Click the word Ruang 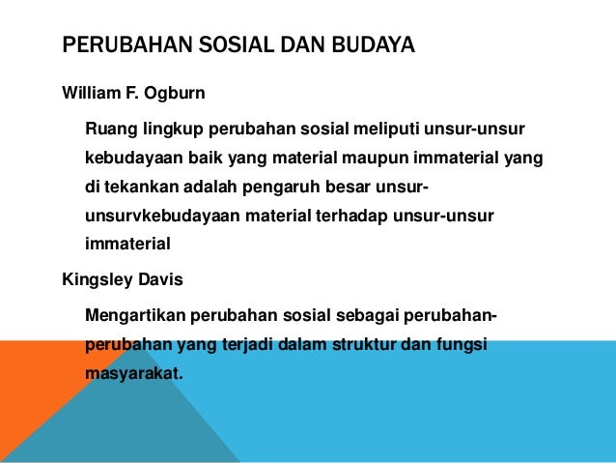tap(109, 127)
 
